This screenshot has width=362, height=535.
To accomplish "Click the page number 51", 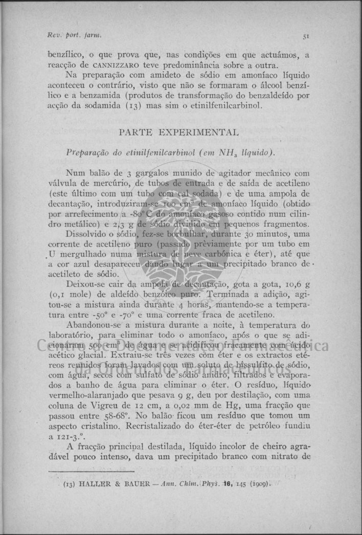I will click(306, 36).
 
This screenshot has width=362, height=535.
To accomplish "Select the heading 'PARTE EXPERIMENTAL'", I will click(178, 132).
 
